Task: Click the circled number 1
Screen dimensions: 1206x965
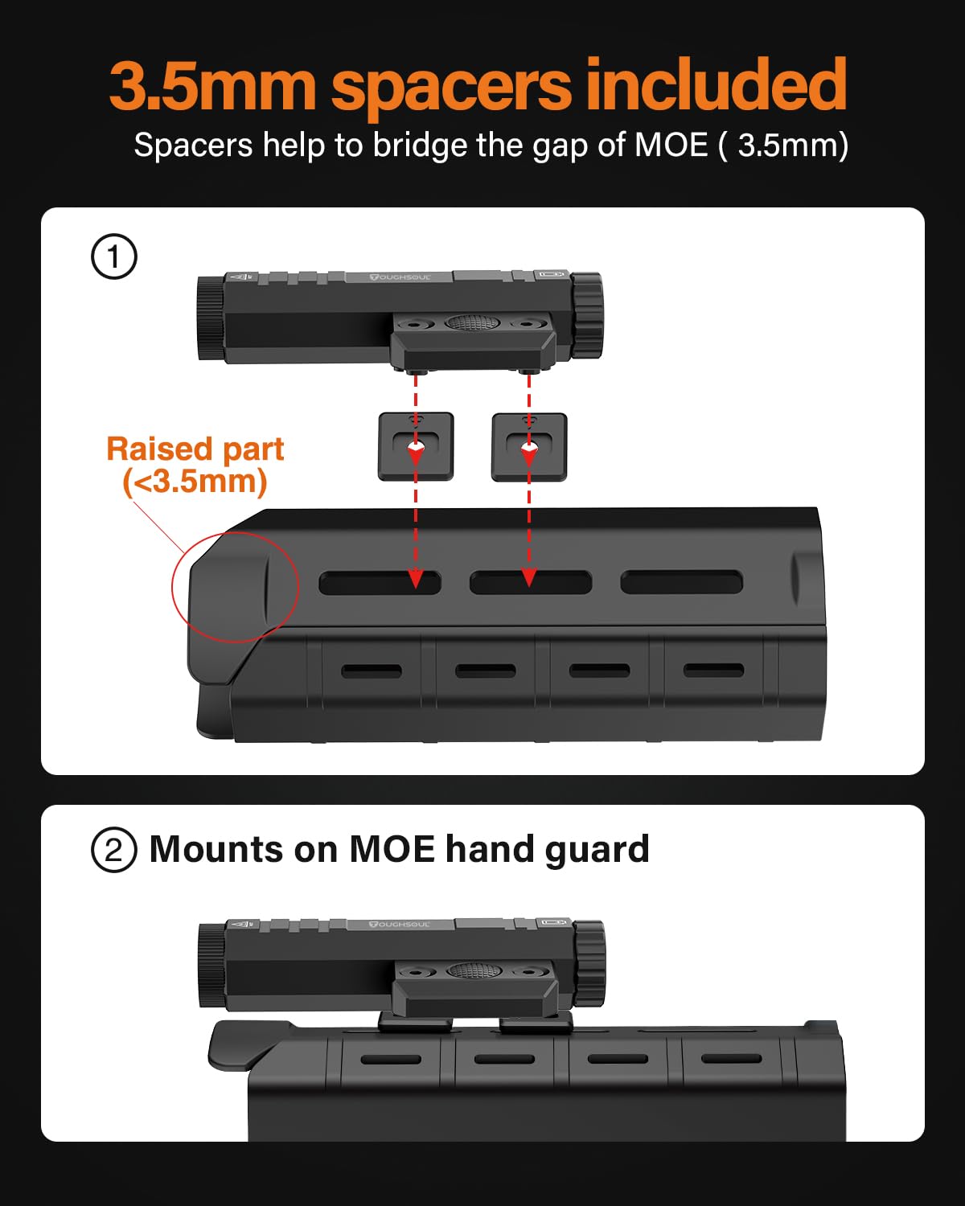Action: click(x=113, y=257)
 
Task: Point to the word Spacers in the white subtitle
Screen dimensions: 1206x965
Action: click(x=193, y=146)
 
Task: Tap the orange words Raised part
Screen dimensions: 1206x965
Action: click(x=195, y=449)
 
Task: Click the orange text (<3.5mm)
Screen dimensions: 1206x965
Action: click(x=195, y=482)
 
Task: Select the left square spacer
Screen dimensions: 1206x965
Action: click(x=416, y=447)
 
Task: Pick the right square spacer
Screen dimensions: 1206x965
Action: click(x=529, y=447)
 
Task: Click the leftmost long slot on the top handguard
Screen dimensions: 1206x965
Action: click(x=380, y=583)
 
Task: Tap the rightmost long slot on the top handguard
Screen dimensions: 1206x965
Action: click(x=681, y=583)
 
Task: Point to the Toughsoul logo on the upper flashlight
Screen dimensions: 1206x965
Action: click(x=400, y=277)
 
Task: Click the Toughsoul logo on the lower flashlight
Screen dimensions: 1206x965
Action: click(x=400, y=925)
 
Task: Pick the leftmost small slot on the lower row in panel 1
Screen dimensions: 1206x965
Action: click(x=372, y=671)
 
